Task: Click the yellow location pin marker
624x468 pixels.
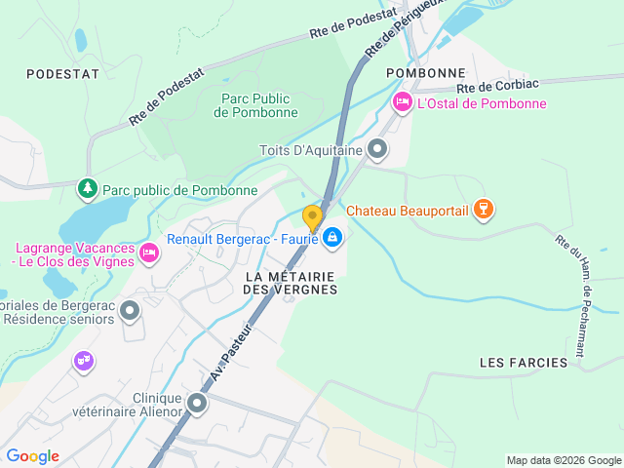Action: tap(312, 217)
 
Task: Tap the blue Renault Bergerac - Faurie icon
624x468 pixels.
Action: tap(332, 237)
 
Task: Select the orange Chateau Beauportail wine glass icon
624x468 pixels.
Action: tap(482, 209)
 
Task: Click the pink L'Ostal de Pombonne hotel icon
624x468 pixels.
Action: tap(402, 102)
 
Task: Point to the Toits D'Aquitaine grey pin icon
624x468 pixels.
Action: tap(377, 150)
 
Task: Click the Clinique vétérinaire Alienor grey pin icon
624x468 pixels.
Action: tap(198, 403)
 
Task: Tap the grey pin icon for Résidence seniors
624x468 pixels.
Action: tap(130, 311)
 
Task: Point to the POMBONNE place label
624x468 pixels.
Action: tap(425, 73)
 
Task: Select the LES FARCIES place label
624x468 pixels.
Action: tap(524, 363)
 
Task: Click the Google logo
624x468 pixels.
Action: tap(32, 455)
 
